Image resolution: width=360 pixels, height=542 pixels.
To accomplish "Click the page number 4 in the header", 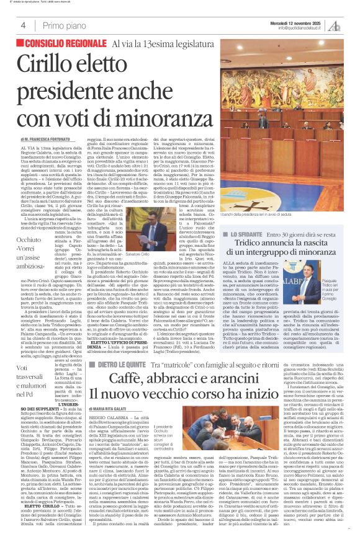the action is coord(23,25).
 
